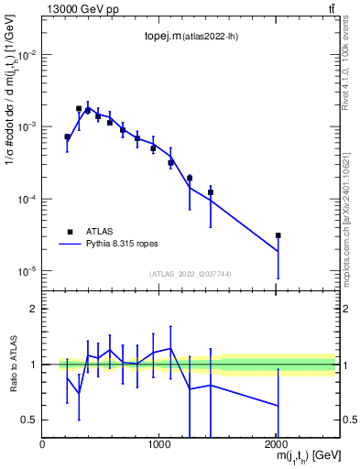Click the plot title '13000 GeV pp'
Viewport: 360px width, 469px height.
pos(75,9)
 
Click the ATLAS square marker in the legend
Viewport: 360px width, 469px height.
pos(69,232)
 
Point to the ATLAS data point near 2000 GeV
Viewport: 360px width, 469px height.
pos(278,235)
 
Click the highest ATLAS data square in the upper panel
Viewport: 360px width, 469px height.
pos(79,108)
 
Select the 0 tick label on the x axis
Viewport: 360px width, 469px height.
pos(42,444)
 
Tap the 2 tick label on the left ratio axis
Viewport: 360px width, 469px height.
pos(34,309)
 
